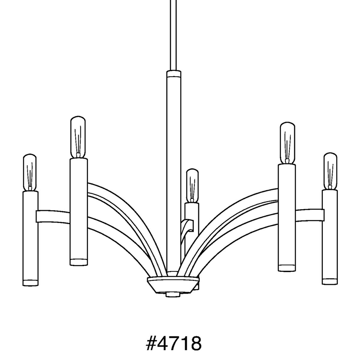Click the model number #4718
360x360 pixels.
click(174, 343)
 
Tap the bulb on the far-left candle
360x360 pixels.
click(30, 172)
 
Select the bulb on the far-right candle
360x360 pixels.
click(330, 171)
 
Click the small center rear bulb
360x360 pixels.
click(192, 185)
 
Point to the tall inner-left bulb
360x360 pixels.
click(78, 137)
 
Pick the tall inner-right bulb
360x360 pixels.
click(287, 143)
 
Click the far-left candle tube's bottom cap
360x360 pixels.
click(30, 283)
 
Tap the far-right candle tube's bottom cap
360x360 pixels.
click(330, 281)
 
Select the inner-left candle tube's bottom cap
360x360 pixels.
click(79, 262)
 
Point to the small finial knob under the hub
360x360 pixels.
click(172, 294)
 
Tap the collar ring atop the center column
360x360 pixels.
click(174, 73)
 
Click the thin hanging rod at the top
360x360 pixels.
click(173, 35)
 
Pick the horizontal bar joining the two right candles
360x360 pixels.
click(309, 215)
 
